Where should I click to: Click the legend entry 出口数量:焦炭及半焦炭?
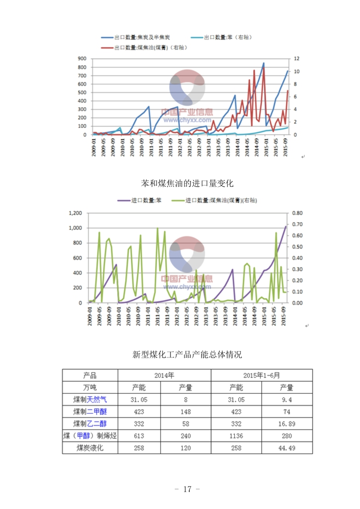141,37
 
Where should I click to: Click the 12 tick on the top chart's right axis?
297,59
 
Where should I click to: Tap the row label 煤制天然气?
90,399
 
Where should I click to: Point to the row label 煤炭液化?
90,448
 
